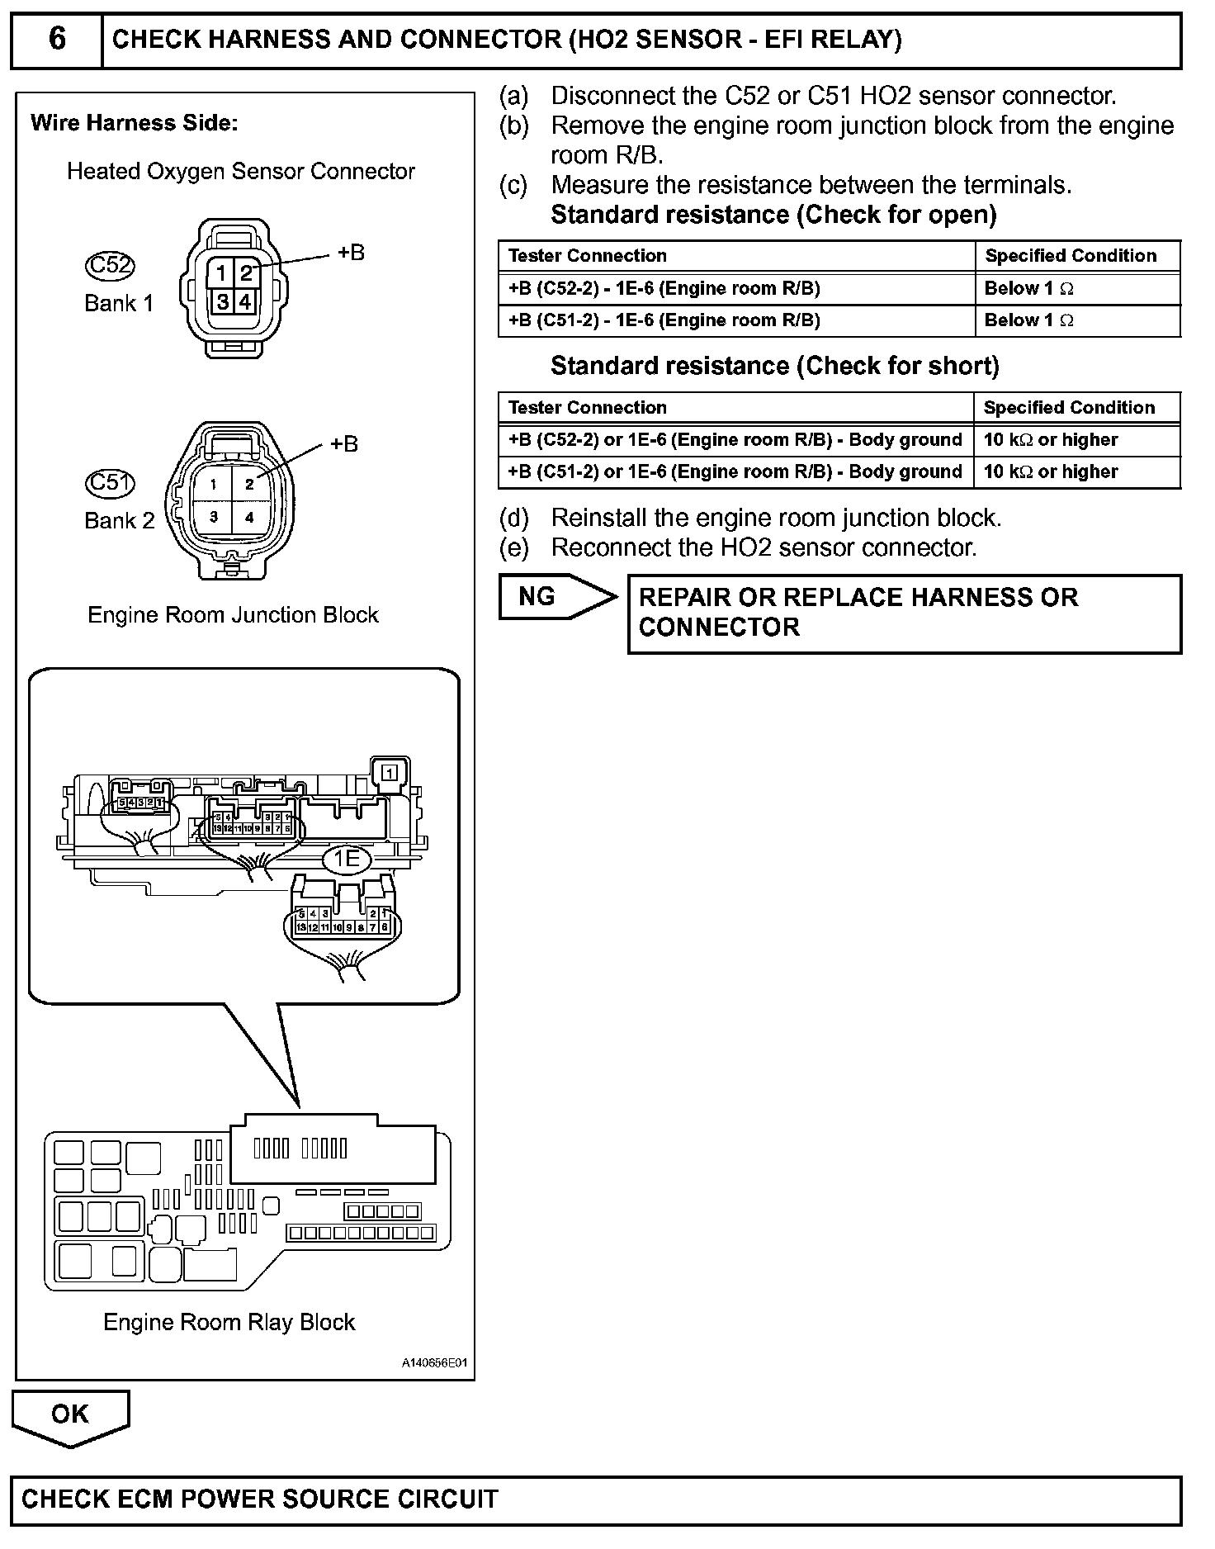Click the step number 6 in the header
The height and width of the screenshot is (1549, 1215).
click(x=57, y=40)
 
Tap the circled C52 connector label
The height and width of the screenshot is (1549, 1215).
click(x=110, y=265)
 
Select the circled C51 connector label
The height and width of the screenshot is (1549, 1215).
click(x=110, y=482)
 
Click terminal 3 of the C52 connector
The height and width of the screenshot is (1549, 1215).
click(x=222, y=301)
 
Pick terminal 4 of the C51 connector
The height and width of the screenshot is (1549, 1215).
click(x=249, y=518)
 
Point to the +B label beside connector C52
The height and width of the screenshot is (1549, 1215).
click(x=351, y=253)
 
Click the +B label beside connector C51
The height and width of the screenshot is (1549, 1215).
click(x=343, y=444)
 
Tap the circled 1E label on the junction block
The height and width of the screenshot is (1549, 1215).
click(x=347, y=860)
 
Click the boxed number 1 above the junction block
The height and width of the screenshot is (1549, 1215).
click(x=390, y=773)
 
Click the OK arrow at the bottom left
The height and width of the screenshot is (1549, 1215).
click(x=70, y=1416)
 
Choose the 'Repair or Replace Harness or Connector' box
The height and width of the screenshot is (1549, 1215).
click(x=904, y=613)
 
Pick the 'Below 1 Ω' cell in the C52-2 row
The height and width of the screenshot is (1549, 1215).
click(x=1077, y=289)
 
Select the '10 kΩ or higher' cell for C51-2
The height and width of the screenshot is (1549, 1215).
click(x=1077, y=472)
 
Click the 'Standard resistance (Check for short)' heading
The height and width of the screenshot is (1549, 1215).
click(x=774, y=366)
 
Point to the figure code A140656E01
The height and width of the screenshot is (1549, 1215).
click(x=434, y=1363)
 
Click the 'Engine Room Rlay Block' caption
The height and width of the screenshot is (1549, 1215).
click(x=229, y=1322)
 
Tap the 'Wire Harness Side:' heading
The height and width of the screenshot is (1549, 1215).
click(x=134, y=124)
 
